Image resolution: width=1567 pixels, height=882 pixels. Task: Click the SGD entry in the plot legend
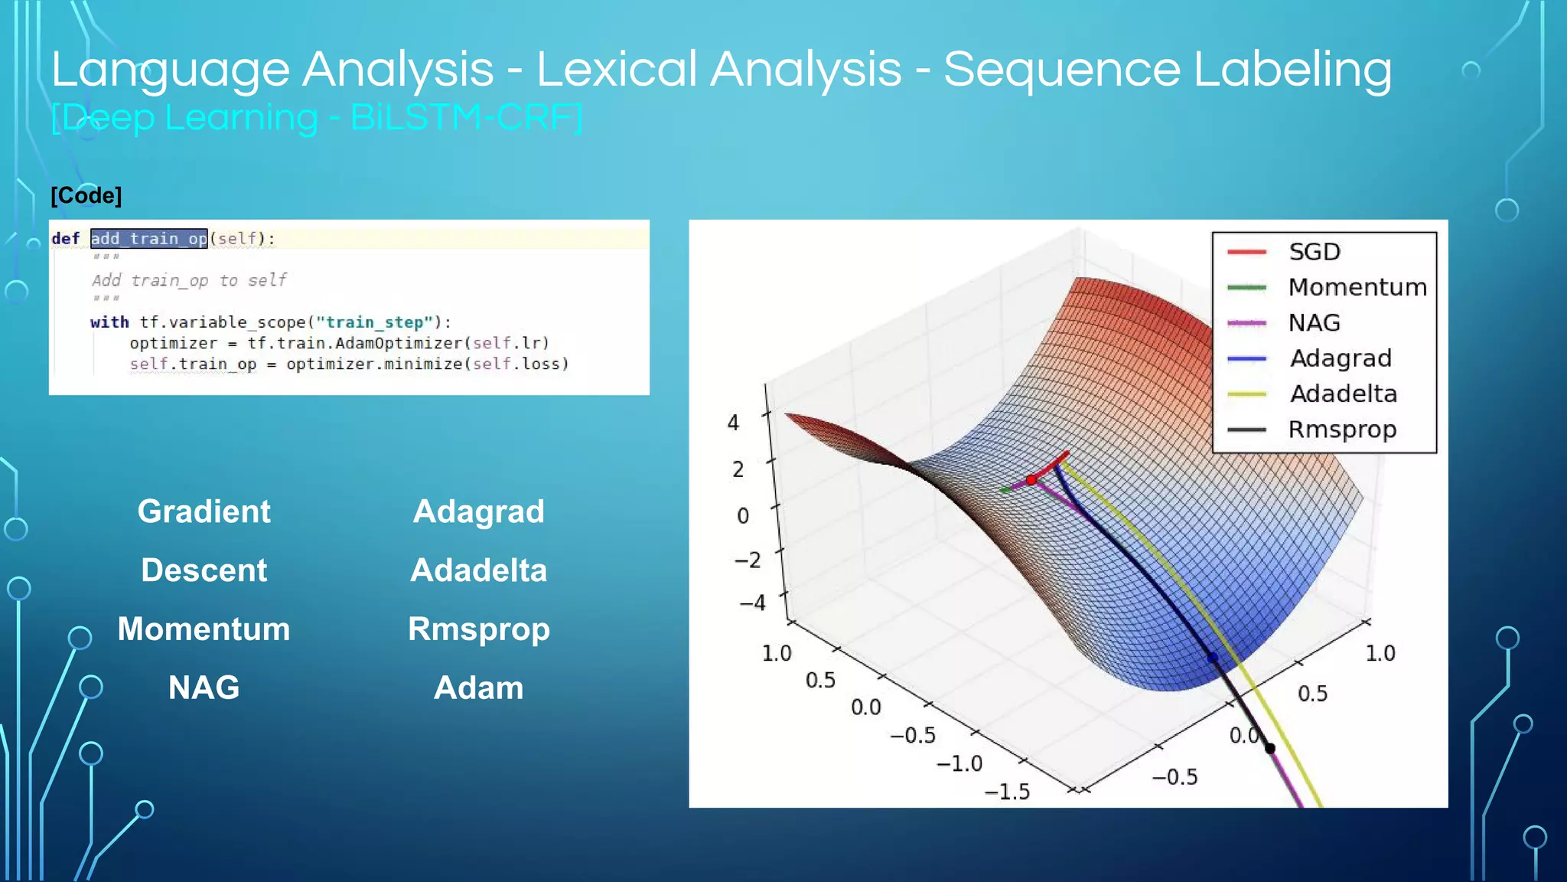tap(1314, 252)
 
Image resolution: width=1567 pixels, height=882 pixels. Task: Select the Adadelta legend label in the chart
tap(1343, 394)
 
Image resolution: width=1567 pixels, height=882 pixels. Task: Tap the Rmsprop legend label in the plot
tap(1341, 430)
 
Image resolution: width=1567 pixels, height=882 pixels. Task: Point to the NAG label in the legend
tap(1314, 323)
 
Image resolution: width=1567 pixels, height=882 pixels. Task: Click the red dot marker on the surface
tap(1031, 480)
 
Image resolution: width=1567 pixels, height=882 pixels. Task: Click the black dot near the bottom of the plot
tap(1270, 748)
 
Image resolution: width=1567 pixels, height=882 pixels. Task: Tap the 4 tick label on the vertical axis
tap(733, 423)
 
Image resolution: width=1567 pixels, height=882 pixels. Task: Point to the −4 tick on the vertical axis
tap(752, 603)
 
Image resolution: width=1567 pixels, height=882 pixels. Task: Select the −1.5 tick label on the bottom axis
tap(1007, 792)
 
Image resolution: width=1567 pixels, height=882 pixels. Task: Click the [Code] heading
tap(86, 195)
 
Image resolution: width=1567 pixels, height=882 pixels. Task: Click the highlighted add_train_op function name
tap(148, 239)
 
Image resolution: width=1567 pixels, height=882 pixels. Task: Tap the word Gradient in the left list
tap(204, 511)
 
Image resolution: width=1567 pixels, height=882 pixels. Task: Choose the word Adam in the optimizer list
tap(478, 688)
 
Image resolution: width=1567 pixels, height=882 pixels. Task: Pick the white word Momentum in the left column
tap(204, 629)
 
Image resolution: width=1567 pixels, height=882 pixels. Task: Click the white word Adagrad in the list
tap(478, 511)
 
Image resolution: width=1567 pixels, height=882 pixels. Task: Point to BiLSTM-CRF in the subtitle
tap(466, 118)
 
